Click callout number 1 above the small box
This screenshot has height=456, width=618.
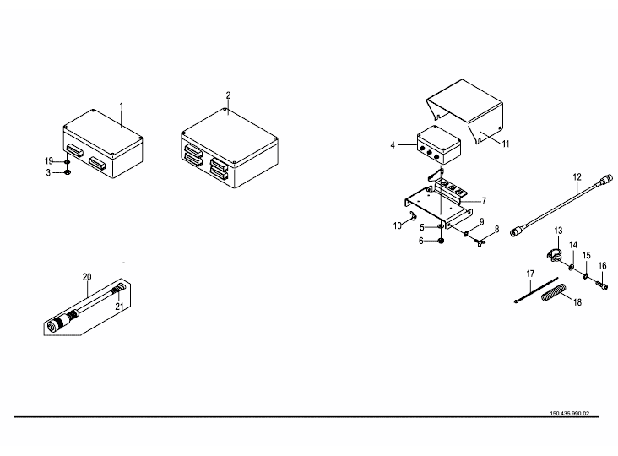[x=122, y=107]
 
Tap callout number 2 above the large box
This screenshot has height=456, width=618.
[x=228, y=95]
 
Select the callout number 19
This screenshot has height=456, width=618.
[x=50, y=160]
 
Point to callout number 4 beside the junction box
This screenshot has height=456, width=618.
[x=393, y=145]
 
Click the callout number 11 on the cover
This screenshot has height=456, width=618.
[x=506, y=144]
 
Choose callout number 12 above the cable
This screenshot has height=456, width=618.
[x=577, y=177]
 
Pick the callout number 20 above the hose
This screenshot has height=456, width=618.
[x=86, y=276]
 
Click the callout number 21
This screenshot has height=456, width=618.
[x=119, y=306]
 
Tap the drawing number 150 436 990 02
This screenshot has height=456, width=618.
[x=568, y=414]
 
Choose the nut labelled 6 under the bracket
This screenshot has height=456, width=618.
[x=442, y=241]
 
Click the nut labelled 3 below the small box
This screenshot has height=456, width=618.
[x=68, y=173]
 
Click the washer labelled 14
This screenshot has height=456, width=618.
[x=572, y=268]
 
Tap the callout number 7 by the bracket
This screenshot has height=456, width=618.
[x=484, y=201]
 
